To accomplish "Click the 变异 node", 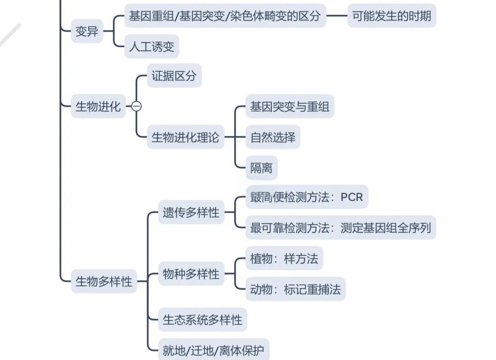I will click(x=87, y=32).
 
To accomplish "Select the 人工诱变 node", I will click(x=152, y=47).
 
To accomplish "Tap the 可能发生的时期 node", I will click(x=391, y=16).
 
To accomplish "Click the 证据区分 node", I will click(x=174, y=76).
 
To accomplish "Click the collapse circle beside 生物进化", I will click(x=136, y=107).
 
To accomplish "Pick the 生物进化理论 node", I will click(x=186, y=137).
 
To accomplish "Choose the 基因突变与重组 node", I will click(x=289, y=107).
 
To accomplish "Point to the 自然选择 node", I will click(x=273, y=137).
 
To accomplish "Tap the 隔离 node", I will click(x=261, y=168).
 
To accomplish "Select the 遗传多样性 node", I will click(x=191, y=213).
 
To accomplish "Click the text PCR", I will click(x=352, y=197).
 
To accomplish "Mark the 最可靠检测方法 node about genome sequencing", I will click(x=340, y=228).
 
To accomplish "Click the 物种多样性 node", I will click(x=191, y=274).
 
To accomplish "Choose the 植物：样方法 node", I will click(x=284, y=259).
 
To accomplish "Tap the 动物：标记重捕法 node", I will click(x=295, y=289).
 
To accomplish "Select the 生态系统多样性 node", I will click(x=203, y=320).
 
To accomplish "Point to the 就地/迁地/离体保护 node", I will click(x=214, y=351).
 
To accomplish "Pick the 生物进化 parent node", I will click(x=98, y=107).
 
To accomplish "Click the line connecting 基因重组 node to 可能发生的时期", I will click(x=337, y=16).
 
